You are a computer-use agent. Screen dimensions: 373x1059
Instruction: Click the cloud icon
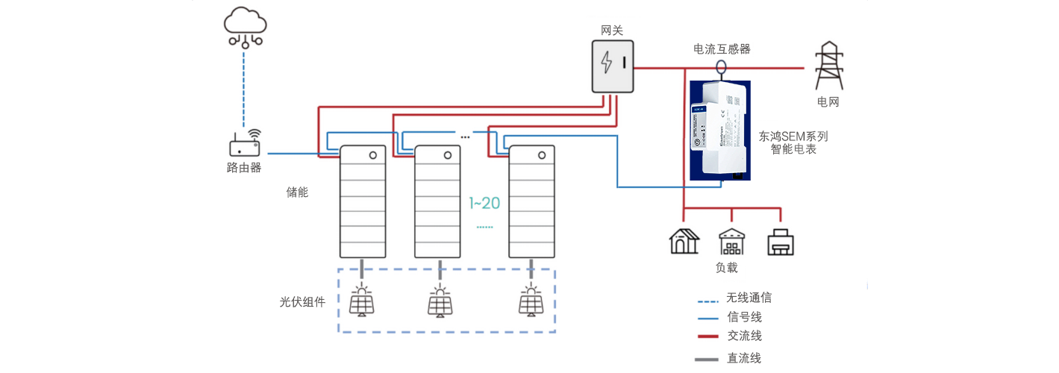[245, 22]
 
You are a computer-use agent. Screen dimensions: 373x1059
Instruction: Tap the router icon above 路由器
[244, 144]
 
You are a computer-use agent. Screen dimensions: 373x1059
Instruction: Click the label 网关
[612, 31]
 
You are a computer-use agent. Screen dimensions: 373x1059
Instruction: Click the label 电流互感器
[721, 49]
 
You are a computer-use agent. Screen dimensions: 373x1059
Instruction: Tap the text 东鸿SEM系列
[793, 137]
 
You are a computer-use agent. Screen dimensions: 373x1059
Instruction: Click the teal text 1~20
[484, 202]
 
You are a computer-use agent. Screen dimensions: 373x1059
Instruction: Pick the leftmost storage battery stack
[363, 201]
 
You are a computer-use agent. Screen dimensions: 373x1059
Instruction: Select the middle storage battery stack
[439, 201]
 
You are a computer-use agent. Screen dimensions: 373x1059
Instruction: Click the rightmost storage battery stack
[532, 201]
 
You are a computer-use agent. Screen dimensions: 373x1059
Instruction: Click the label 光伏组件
[302, 302]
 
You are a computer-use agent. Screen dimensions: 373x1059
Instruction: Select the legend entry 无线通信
[749, 298]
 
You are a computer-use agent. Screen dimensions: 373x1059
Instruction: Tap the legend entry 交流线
[744, 336]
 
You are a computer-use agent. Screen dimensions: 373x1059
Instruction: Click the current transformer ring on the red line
[721, 66]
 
